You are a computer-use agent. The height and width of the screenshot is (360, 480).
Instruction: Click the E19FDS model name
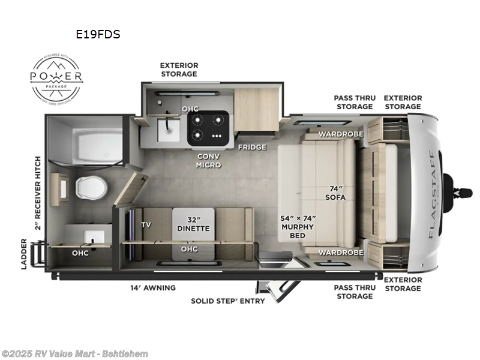pos(98,34)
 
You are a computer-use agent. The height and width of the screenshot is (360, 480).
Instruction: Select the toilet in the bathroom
pos(90,187)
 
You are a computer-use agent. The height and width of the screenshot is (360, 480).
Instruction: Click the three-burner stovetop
pos(208,128)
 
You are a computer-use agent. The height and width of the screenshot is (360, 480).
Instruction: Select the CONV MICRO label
pos(209,160)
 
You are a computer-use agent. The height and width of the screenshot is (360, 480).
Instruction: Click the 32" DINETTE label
pos(193,223)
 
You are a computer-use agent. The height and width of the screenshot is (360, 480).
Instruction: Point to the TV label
pos(146,225)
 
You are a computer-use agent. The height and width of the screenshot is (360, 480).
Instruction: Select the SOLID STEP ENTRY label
pos(228,301)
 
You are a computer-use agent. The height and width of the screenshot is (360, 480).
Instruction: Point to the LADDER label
pos(24,253)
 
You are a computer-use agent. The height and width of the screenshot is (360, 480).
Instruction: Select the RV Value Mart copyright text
pos(75,353)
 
